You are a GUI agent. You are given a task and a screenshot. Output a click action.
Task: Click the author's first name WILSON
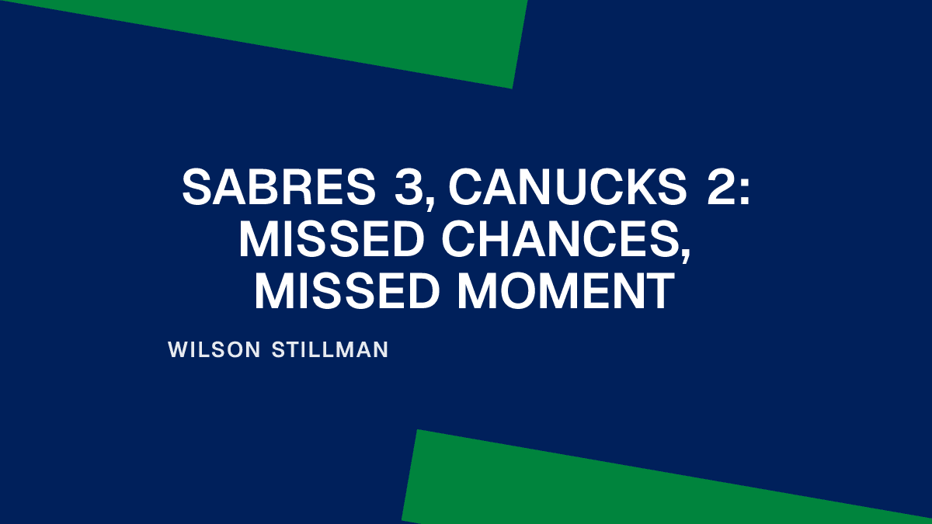click(x=214, y=350)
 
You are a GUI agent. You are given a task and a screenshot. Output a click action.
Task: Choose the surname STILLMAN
click(x=331, y=350)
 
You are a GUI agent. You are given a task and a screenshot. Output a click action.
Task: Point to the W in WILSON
click(x=176, y=350)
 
